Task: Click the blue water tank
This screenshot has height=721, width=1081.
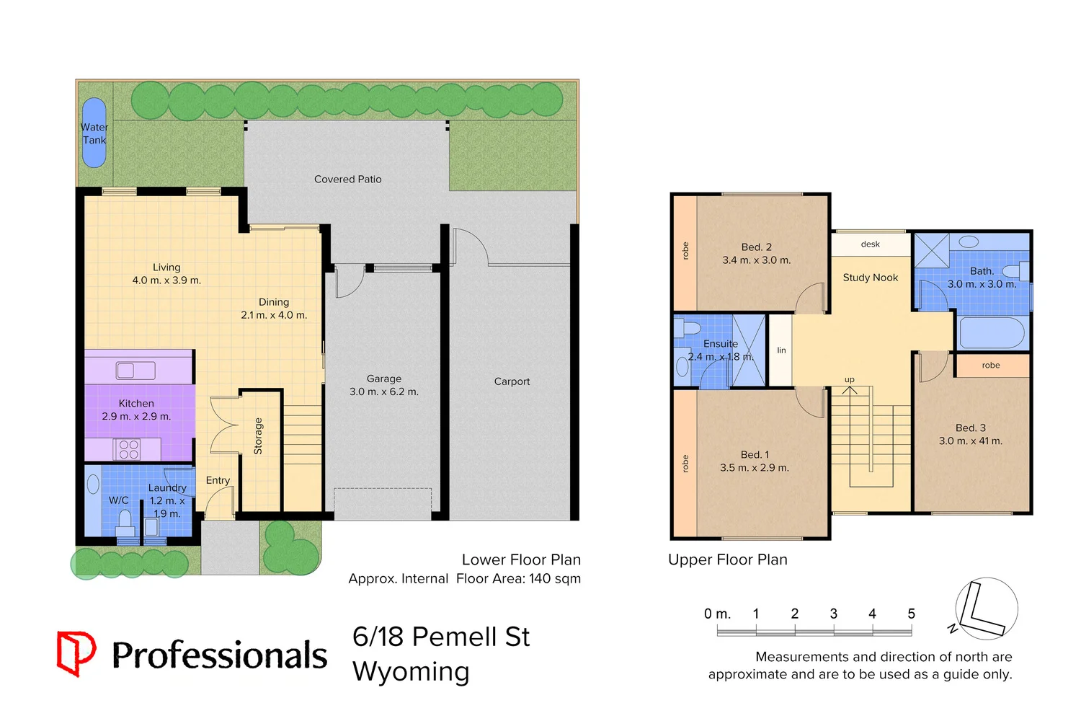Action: [x=94, y=133]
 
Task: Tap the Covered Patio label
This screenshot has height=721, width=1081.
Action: [x=347, y=179]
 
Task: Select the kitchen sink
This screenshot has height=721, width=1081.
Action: [x=135, y=371]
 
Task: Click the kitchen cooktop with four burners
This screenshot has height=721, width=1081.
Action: [x=128, y=449]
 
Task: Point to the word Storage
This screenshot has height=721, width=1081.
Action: [x=258, y=436]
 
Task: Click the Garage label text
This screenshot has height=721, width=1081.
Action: [x=383, y=379]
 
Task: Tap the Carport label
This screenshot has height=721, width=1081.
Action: [x=512, y=381]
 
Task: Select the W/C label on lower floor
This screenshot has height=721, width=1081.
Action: [x=119, y=500]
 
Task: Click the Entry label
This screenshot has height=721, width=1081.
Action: [x=218, y=480]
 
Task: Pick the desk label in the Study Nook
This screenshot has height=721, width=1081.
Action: [x=870, y=244]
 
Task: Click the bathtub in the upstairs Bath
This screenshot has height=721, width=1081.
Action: [x=992, y=333]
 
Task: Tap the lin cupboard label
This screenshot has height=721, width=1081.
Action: [x=781, y=350]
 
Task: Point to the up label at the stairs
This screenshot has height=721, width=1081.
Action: [x=850, y=379]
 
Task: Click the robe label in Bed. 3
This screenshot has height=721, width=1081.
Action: [x=991, y=366]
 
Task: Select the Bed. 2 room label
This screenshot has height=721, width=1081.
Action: [x=756, y=247]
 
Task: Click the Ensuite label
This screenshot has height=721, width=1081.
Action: [x=721, y=344]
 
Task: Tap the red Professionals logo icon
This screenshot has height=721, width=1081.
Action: [x=76, y=653]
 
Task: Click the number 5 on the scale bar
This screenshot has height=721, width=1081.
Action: [x=911, y=614]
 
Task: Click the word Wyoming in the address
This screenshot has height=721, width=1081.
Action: [x=411, y=671]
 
